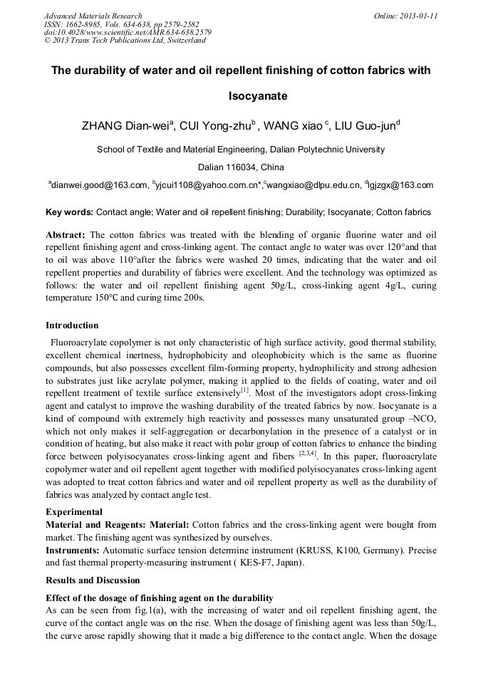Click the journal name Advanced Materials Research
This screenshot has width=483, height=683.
pyautogui.click(x=93, y=16)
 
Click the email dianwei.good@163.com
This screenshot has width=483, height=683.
pyautogui.click(x=99, y=185)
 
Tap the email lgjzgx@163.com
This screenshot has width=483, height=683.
pyautogui.click(x=400, y=185)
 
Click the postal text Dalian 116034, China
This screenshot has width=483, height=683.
pyautogui.click(x=241, y=167)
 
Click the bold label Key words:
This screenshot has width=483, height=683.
pyautogui.click(x=69, y=212)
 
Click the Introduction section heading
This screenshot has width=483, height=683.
pyautogui.click(x=72, y=325)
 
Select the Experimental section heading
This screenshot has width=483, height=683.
pyautogui.click(x=74, y=512)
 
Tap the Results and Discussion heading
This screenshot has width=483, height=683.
pyautogui.click(x=93, y=580)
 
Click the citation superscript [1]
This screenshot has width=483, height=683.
pyautogui.click(x=244, y=390)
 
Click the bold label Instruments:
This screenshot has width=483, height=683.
pyautogui.click(x=73, y=551)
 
